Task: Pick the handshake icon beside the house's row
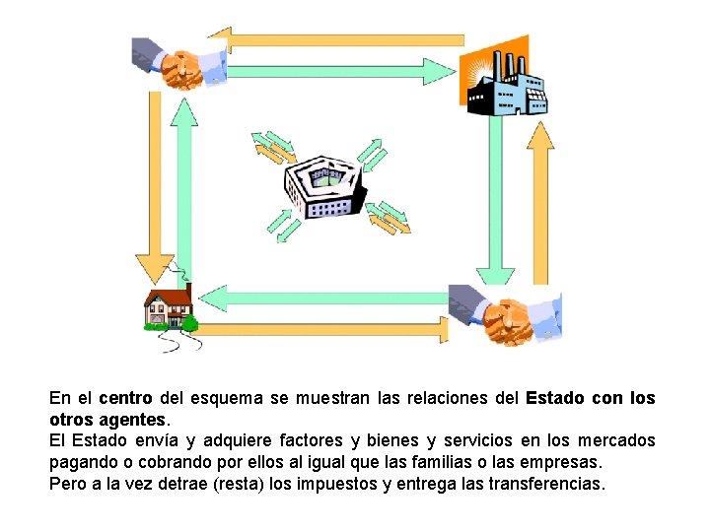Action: click(502, 316)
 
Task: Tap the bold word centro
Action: click(125, 399)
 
